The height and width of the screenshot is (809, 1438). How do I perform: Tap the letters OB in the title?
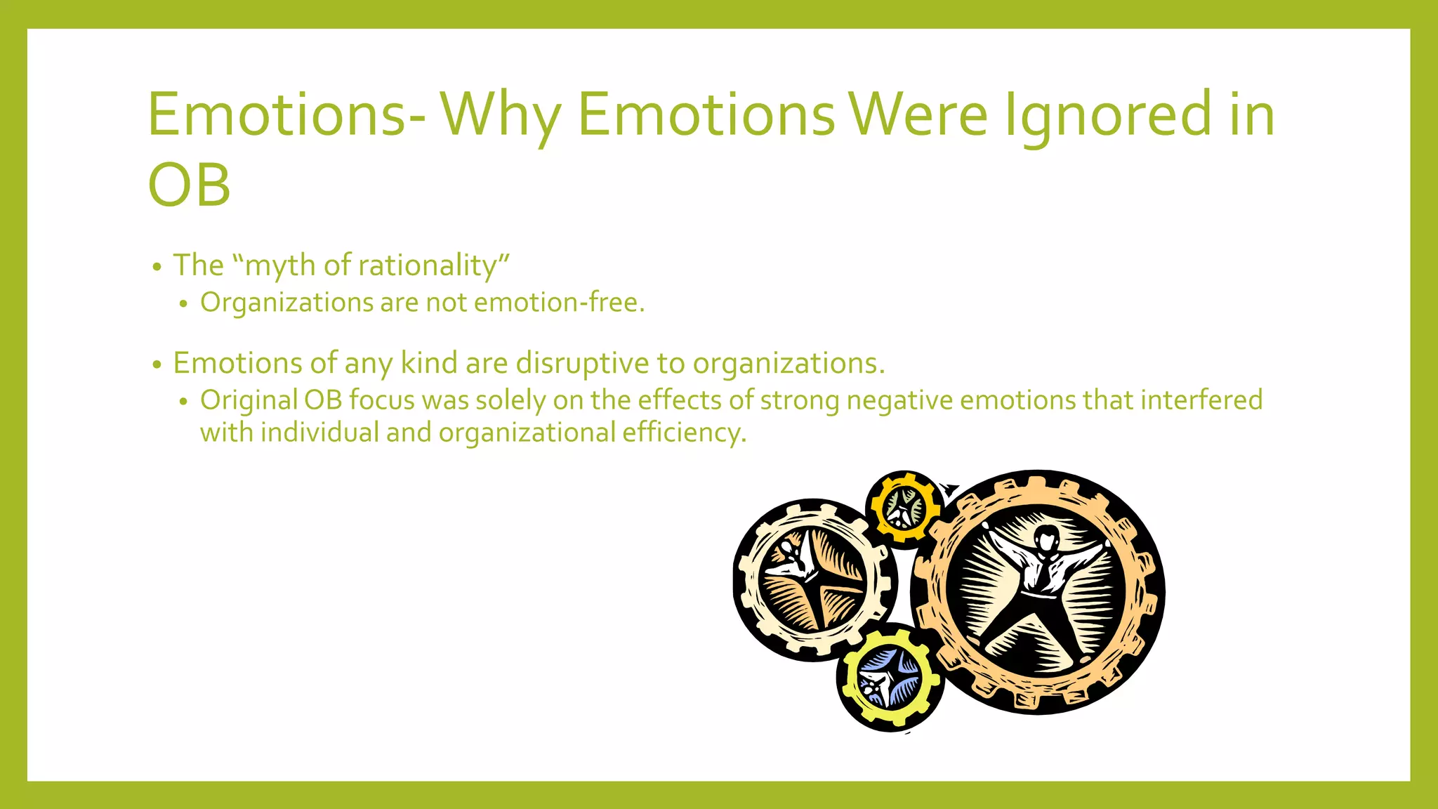tap(190, 185)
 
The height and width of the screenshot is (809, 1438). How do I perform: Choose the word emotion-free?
tap(559, 303)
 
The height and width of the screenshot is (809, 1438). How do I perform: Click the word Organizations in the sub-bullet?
tap(286, 303)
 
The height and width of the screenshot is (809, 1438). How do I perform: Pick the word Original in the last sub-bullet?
tap(249, 400)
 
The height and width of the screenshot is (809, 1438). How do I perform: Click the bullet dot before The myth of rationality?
tap(157, 268)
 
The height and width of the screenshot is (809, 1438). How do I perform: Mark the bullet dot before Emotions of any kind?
tap(157, 365)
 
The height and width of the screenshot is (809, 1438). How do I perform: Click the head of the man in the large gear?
tap(1047, 540)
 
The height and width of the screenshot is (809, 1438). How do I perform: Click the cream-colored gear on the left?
tap(812, 581)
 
